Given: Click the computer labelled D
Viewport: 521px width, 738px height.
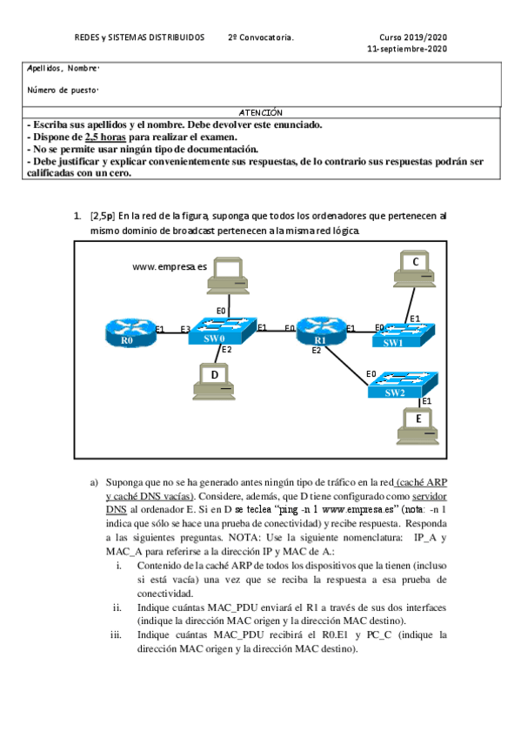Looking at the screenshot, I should point(213,376).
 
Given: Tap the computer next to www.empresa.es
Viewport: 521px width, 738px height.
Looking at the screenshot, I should point(231,274).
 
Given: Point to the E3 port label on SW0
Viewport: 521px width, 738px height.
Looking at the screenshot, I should point(184,329).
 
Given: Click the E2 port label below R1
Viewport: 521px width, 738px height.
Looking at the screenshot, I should point(316,351).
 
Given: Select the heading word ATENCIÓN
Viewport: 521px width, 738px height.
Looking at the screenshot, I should point(260,113).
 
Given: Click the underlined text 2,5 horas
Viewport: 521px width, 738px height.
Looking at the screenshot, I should point(105,137).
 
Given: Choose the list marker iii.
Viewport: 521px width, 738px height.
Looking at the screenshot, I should point(116,634).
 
